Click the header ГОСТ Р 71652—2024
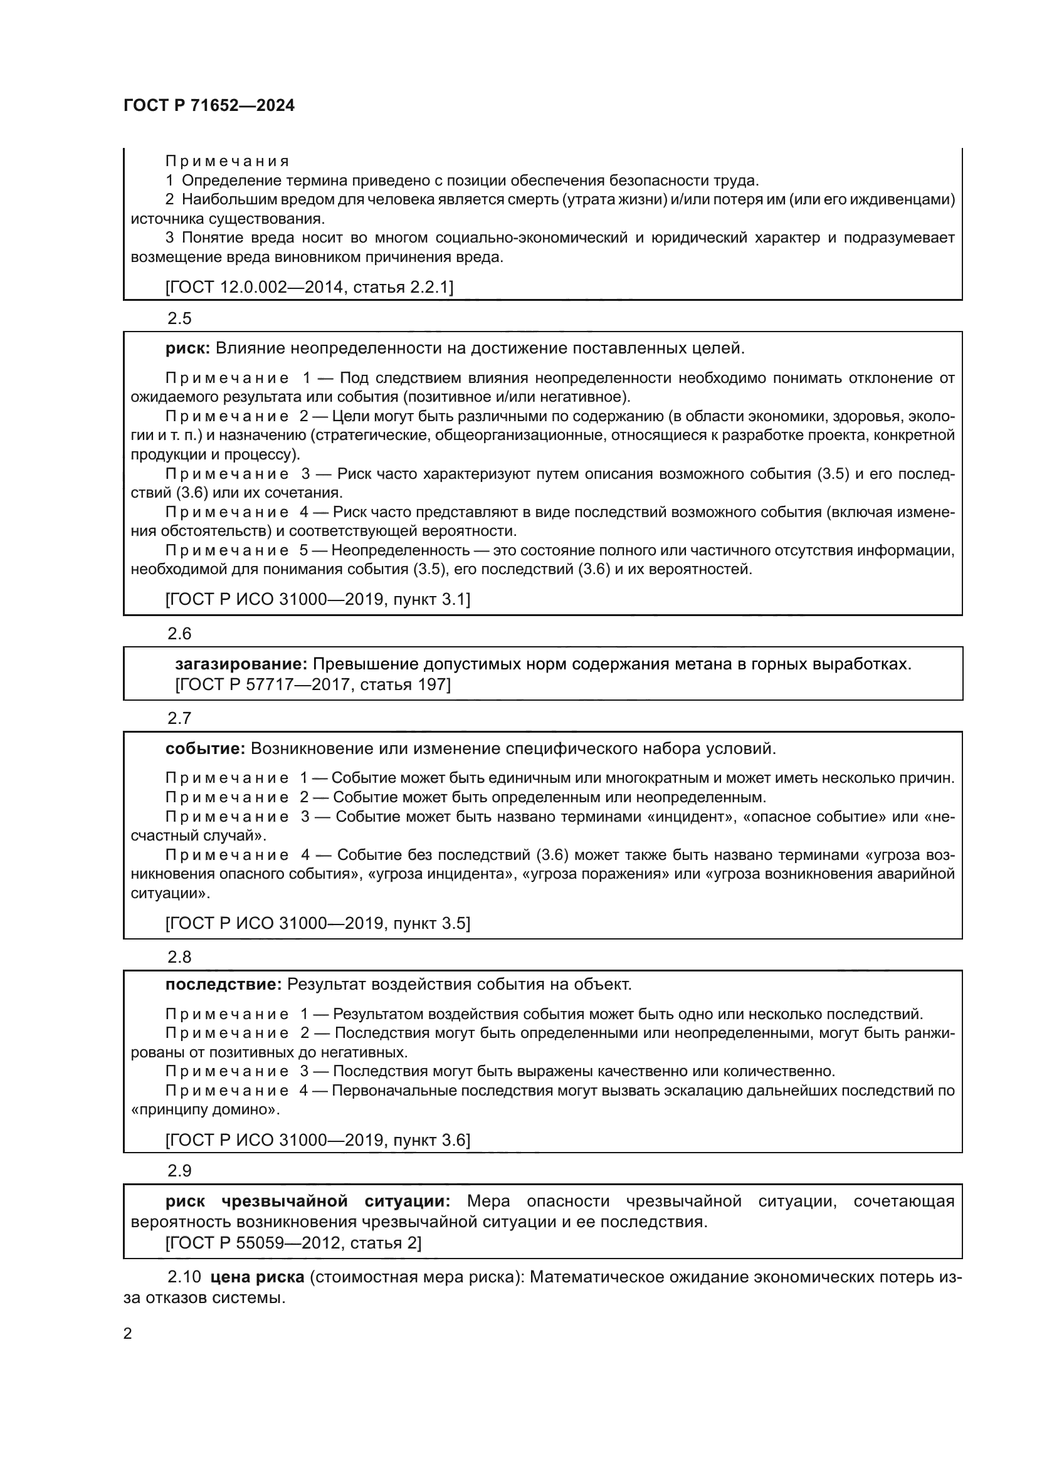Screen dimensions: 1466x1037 tap(209, 106)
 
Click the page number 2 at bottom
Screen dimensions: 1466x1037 tap(128, 1333)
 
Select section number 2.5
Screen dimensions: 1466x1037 tap(179, 318)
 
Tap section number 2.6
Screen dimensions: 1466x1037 tap(179, 634)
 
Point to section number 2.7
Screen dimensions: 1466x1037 tap(179, 718)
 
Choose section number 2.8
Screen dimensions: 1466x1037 tap(179, 956)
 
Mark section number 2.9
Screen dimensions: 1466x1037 tap(179, 1170)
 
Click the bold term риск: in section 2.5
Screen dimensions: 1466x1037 tap(187, 348)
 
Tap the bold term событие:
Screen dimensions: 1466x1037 tap(205, 748)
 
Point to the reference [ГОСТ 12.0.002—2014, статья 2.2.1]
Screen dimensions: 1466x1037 tap(309, 287)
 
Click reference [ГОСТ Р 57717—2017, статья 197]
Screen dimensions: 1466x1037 tap(313, 685)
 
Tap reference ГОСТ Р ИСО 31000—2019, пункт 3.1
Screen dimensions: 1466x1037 tap(317, 599)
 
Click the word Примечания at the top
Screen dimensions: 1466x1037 tap(227, 161)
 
